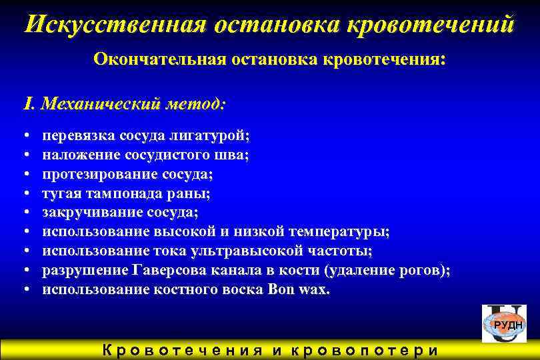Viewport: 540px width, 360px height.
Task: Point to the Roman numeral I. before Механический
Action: pos(29,104)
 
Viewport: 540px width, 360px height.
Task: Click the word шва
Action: pos(235,155)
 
